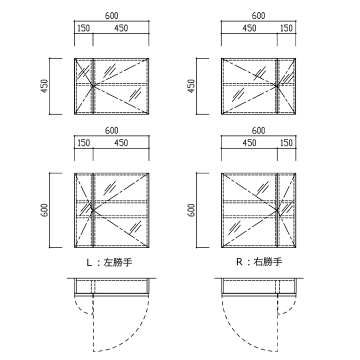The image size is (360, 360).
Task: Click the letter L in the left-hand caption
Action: tap(89, 262)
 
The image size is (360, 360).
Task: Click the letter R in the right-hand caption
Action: tap(239, 262)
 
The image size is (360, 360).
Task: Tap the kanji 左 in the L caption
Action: tap(108, 262)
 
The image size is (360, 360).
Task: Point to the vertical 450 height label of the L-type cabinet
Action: tap(44, 86)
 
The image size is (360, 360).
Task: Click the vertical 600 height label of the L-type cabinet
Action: tap(44, 210)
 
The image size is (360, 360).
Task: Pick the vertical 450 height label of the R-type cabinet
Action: tap(191, 86)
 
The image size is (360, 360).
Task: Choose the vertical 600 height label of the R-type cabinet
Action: tap(191, 210)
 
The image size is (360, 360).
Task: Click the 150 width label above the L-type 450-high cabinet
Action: tap(83, 28)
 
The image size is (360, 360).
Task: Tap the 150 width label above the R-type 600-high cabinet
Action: tap(286, 143)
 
